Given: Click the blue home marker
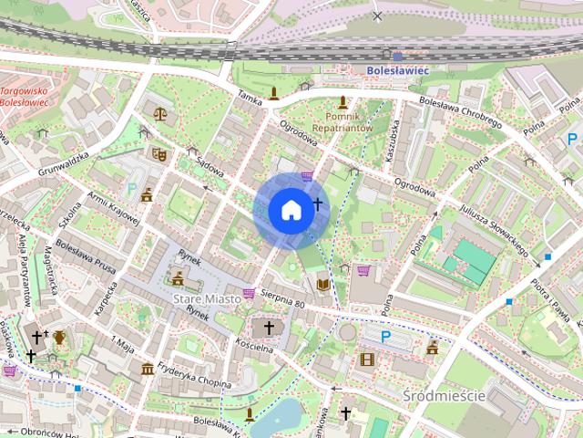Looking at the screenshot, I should pos(290,210).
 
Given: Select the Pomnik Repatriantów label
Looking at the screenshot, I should pos(343,122).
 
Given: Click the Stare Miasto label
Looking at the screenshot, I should pos(207,298).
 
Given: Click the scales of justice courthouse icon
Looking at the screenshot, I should pos(160,115).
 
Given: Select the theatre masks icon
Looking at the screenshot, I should pos(159,155).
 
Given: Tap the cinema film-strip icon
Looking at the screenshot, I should pos(366,359).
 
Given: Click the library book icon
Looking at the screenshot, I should pos(322,284).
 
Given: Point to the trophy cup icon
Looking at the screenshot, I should pos(59,338).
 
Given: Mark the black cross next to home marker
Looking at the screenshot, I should pos(318,203).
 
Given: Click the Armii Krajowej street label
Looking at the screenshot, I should pos(114,209).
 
